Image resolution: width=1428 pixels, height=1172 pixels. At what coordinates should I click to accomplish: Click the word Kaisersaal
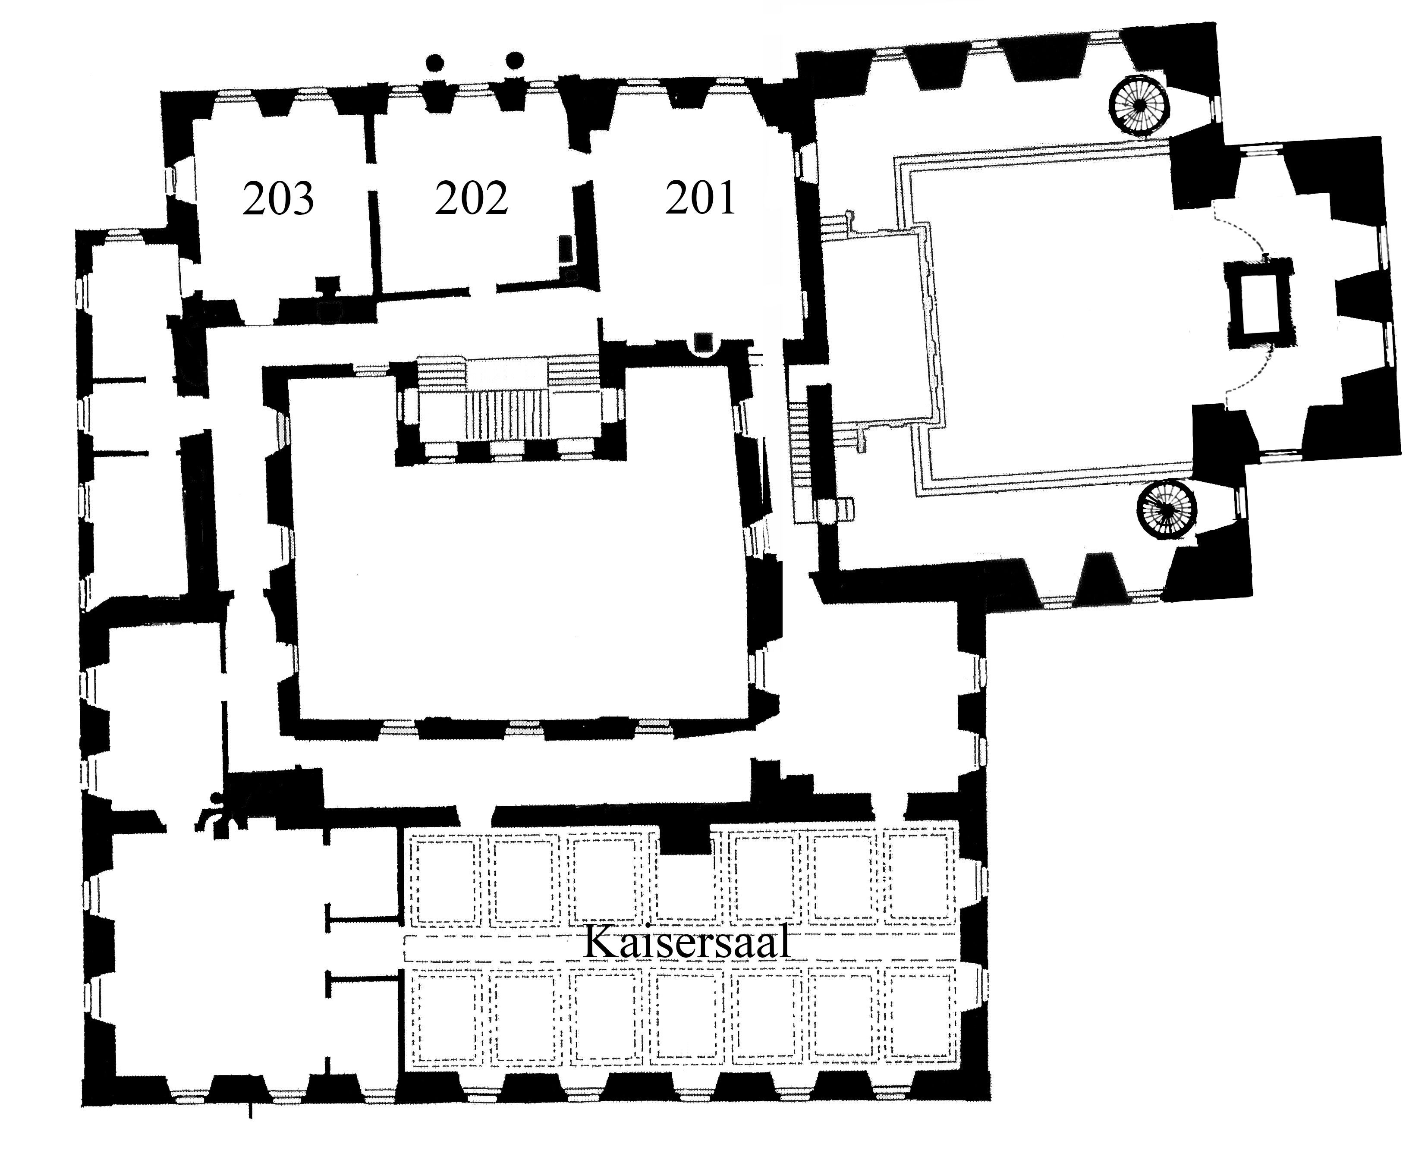(687, 941)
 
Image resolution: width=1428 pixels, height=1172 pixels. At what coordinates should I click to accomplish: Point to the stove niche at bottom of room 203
(329, 297)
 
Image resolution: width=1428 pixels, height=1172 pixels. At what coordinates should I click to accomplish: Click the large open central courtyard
(520, 574)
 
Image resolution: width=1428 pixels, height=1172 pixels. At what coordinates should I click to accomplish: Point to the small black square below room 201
(704, 343)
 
